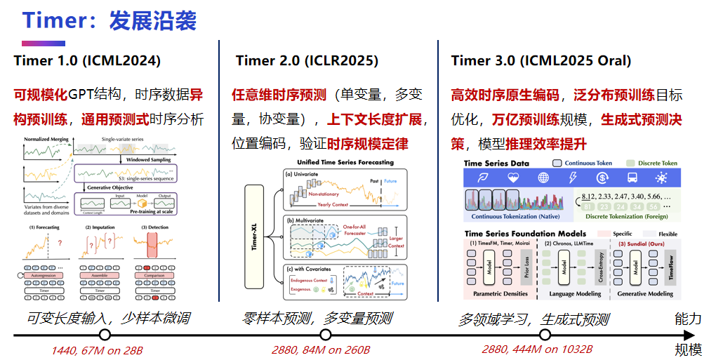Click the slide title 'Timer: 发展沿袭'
[x=109, y=20]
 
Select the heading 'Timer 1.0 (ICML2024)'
[x=87, y=60]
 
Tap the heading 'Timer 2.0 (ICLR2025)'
[x=307, y=60]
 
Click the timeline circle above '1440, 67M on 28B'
[x=105, y=335]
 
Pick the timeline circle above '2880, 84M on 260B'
[x=326, y=335]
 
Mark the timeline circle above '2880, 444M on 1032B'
[x=545, y=335]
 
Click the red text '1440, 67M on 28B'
[x=97, y=350]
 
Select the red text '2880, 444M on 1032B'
[x=537, y=349]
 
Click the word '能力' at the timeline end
[x=688, y=319]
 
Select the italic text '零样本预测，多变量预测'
[x=318, y=319]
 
